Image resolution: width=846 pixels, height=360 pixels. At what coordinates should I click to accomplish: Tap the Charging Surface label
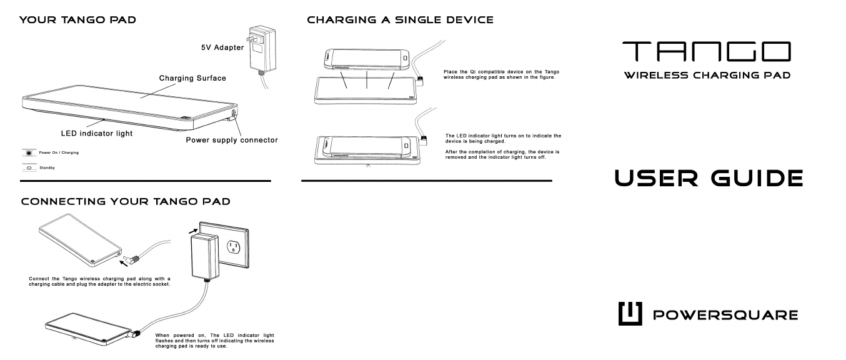click(192, 79)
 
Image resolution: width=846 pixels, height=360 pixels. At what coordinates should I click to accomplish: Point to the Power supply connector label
click(231, 139)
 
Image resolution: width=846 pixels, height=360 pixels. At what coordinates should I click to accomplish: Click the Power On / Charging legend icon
click(28, 152)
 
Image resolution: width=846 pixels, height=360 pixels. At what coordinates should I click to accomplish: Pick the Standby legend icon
click(28, 167)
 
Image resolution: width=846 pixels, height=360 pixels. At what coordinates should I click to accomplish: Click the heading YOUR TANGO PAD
click(79, 21)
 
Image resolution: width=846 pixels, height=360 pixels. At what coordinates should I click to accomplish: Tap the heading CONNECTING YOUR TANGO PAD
click(125, 202)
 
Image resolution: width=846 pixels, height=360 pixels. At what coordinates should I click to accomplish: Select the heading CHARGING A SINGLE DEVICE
click(400, 21)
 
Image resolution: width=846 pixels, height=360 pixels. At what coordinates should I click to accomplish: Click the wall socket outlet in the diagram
click(232, 248)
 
